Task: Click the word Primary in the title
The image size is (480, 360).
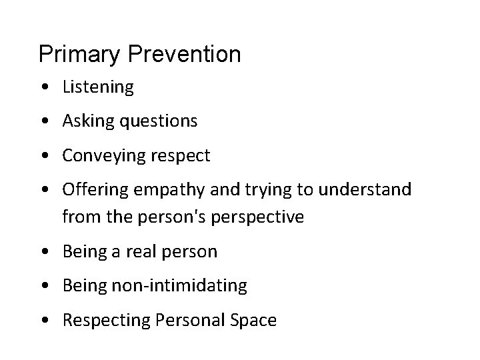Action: click(79, 55)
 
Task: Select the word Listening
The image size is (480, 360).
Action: click(98, 87)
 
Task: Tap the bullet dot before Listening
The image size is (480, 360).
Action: click(43, 87)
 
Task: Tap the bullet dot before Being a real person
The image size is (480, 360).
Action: click(43, 252)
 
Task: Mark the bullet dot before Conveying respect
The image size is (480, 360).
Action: click(43, 157)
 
